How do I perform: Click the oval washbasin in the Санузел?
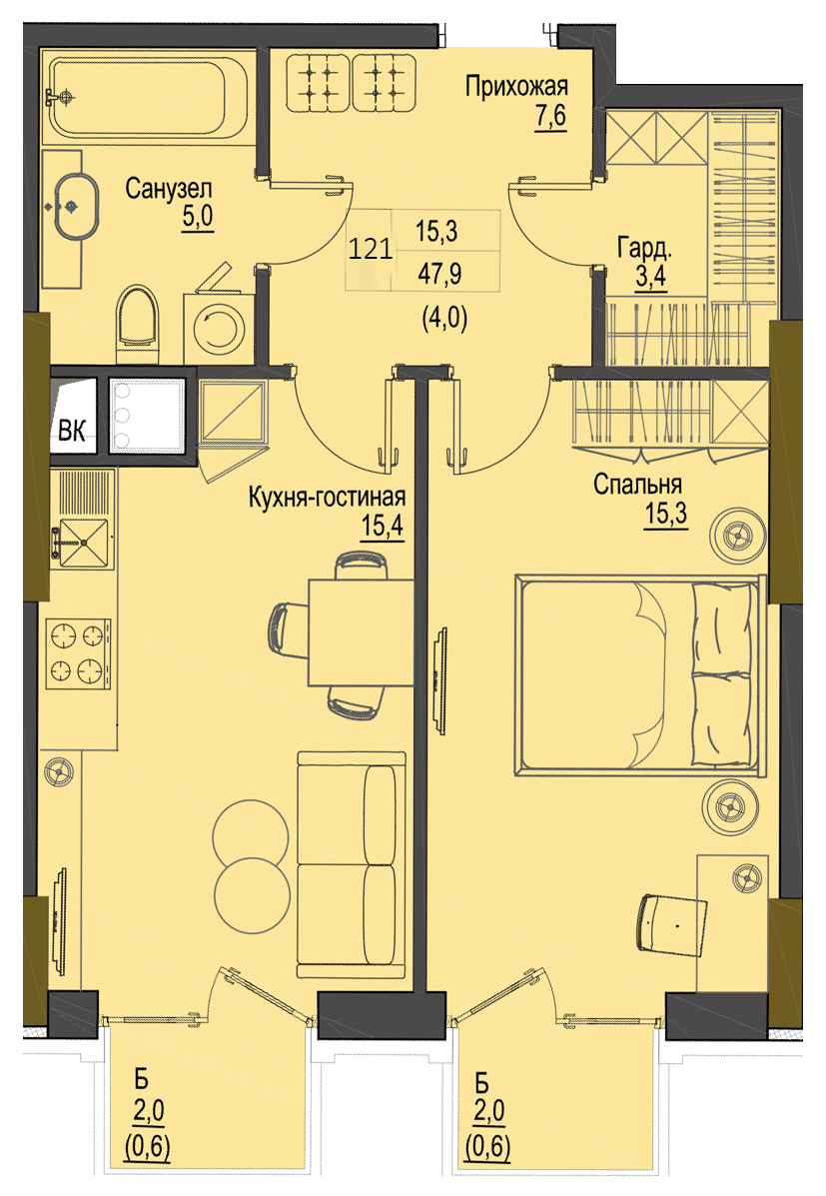76,207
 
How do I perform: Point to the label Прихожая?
517,87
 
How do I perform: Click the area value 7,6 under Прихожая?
550,118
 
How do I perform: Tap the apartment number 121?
370,249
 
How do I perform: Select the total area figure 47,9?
440,273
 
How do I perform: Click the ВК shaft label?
73,431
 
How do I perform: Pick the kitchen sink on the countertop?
82,543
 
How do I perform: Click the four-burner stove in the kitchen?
78,652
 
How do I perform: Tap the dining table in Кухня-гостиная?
361,632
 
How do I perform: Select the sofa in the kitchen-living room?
352,865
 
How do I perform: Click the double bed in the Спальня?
640,675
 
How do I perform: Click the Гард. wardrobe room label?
644,248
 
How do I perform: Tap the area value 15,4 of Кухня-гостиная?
383,527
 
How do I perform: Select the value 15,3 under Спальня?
666,515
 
